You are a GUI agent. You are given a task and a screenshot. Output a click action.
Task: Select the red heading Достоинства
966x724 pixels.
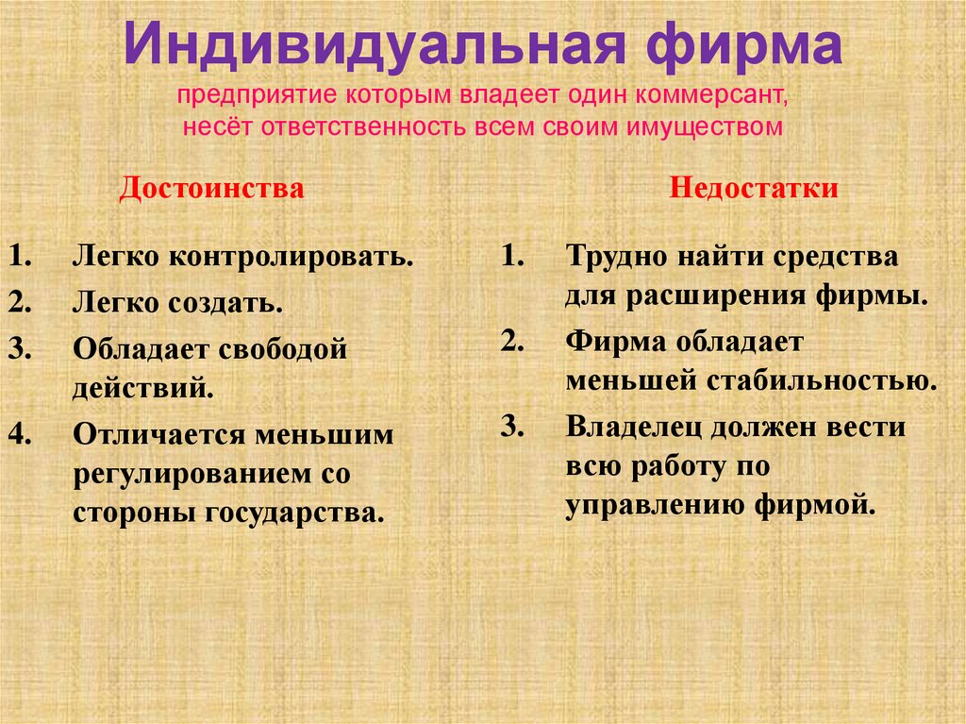coord(211,189)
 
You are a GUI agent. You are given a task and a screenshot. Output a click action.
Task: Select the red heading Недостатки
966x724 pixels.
coord(755,189)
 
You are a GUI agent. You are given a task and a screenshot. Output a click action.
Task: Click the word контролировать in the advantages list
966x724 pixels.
coord(292,258)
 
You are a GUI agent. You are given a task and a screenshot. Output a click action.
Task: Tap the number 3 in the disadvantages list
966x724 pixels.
coord(511,427)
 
